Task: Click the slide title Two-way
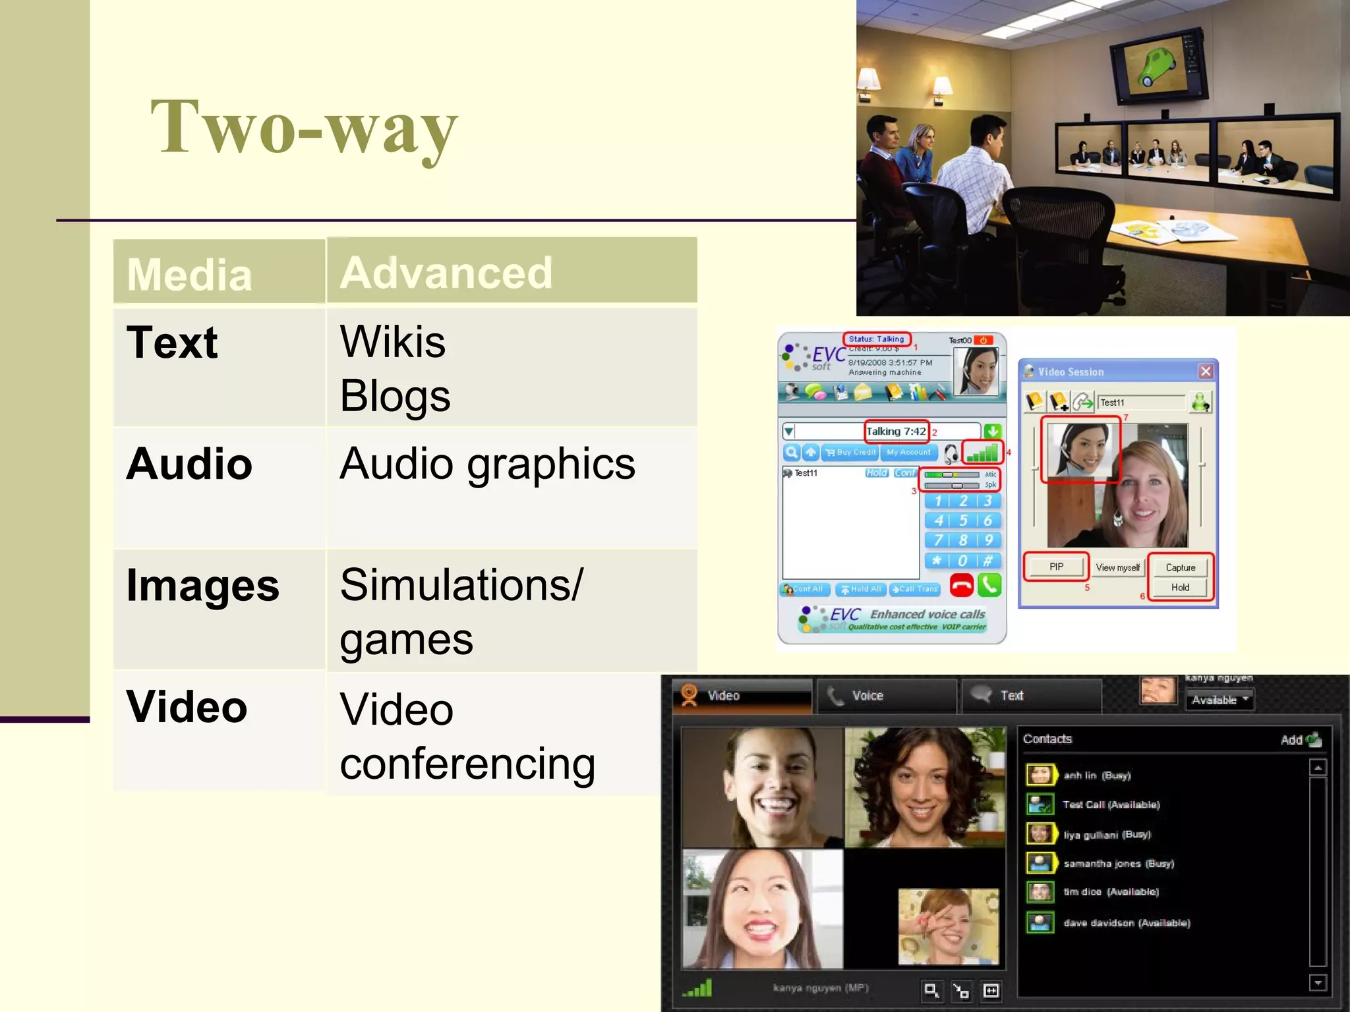[304, 127]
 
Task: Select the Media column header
[189, 274]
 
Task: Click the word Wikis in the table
[392, 342]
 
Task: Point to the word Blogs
[395, 396]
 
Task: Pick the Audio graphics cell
[487, 464]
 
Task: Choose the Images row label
[202, 585]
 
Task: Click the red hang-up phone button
[961, 585]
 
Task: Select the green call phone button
[989, 585]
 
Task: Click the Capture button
[1180, 567]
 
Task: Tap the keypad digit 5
[963, 520]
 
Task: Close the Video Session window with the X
[1206, 372]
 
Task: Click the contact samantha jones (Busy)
[1118, 863]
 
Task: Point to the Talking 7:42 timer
[896, 432]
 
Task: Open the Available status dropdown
[1219, 700]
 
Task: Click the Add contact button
[1301, 740]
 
